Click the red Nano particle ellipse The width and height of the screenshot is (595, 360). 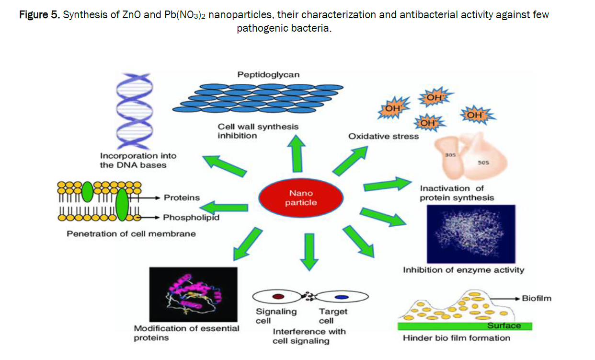tap(301, 197)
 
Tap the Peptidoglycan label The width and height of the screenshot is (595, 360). tap(268, 74)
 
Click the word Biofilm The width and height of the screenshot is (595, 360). tap(536, 298)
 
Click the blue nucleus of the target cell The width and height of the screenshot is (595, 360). tap(341, 297)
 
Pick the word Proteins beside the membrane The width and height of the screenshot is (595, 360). tap(182, 197)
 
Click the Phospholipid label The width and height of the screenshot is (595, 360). tap(191, 218)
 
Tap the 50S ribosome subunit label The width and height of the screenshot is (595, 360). tap(483, 163)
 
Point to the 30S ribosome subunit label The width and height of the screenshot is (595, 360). tap(450, 155)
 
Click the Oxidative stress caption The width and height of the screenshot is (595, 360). tap(383, 136)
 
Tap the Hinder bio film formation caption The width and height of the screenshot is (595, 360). tap(456, 338)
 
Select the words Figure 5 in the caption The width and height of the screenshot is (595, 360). tap(39, 15)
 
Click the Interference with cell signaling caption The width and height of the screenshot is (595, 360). tap(309, 336)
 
